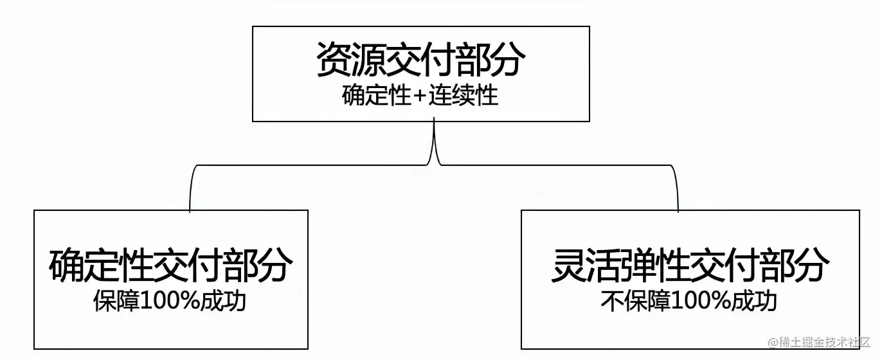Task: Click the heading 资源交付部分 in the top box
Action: coord(420,60)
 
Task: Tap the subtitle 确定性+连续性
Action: coord(420,96)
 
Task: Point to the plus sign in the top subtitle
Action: coord(420,97)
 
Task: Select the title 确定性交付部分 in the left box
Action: coord(170,265)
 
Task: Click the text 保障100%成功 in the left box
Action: coord(170,301)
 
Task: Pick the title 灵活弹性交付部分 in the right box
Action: coord(690,265)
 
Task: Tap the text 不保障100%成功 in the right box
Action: coord(689,301)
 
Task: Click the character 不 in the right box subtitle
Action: coord(611,301)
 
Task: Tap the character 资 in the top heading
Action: coord(334,60)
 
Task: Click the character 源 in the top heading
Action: coord(368,60)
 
